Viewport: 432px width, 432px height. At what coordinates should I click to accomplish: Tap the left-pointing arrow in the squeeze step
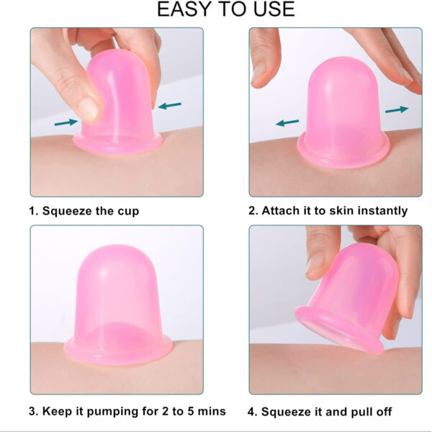(x=169, y=106)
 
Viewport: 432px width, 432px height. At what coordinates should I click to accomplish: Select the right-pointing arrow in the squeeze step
(x=66, y=122)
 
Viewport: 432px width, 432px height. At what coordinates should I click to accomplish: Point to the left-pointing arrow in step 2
(x=287, y=122)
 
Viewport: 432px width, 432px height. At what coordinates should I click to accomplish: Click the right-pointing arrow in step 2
(x=397, y=109)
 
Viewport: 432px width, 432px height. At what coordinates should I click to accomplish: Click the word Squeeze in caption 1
(x=67, y=211)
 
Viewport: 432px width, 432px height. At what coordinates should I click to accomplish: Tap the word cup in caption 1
(x=128, y=212)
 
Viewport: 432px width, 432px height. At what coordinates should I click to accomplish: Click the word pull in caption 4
(x=361, y=412)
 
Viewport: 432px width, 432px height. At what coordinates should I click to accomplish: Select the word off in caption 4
(x=383, y=412)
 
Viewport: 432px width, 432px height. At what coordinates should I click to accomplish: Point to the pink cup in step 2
(x=343, y=112)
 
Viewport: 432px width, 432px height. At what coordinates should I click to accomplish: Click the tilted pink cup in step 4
(x=348, y=297)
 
